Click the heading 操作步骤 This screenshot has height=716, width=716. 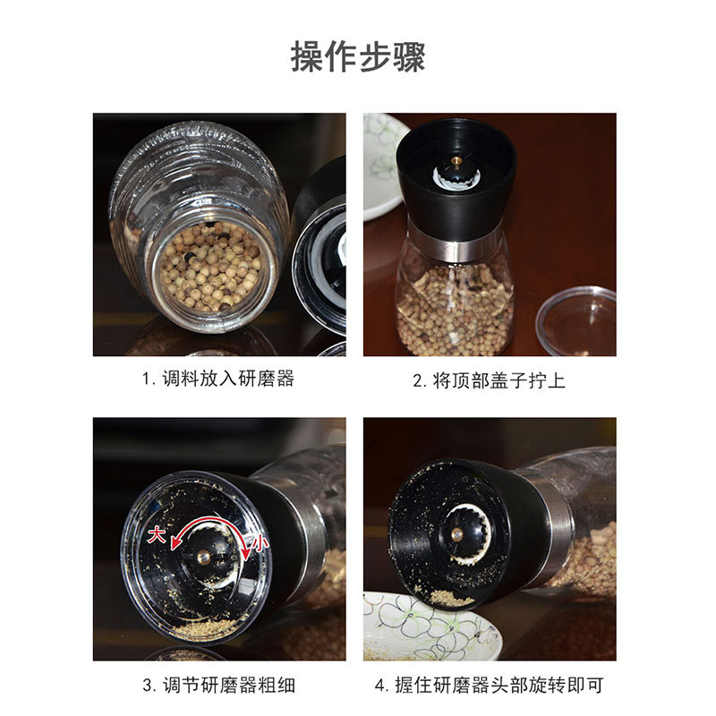click(358, 56)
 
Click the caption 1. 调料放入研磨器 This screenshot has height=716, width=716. click(218, 379)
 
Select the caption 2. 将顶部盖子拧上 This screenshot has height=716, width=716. click(489, 380)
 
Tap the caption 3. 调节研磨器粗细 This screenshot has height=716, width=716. click(218, 685)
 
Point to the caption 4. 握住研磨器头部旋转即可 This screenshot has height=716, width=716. click(489, 685)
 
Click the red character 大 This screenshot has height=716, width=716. click(157, 533)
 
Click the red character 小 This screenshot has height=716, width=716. click(260, 543)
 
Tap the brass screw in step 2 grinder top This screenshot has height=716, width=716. click(456, 160)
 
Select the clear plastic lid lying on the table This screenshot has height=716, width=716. click(576, 320)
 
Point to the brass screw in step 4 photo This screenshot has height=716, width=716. click(456, 533)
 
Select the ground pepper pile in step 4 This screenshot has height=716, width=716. click(452, 597)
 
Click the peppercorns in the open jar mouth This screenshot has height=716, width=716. click(211, 266)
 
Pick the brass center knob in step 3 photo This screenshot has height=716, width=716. click(204, 556)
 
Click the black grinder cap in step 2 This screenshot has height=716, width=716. click(456, 178)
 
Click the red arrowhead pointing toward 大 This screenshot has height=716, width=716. click(175, 543)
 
